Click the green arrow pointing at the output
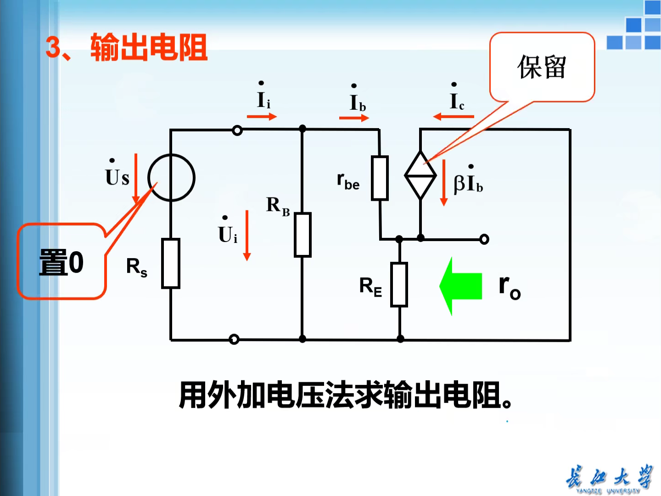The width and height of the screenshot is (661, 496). point(461,286)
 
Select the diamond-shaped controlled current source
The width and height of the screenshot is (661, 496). point(420,175)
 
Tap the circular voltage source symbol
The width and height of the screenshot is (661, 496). point(172,178)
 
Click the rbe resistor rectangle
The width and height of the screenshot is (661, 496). point(380,178)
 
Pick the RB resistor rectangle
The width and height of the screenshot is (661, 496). point(302,235)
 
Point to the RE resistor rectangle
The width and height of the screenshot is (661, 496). point(399,285)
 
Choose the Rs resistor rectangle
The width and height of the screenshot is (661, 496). point(171,264)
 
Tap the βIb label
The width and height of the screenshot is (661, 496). point(468,182)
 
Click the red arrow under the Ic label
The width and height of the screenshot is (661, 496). point(454,117)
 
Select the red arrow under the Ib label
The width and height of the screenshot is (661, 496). point(354,118)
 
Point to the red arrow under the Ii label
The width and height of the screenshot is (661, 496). point(262,117)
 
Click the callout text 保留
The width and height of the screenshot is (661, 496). point(542,67)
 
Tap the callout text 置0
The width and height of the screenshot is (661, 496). point(62,262)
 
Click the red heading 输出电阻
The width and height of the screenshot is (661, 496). point(149,47)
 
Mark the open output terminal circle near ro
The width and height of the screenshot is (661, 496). point(484,239)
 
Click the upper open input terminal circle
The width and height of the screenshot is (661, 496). point(237,130)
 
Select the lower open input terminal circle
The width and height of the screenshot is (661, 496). point(234,339)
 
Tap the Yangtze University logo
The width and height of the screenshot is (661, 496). point(609,479)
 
